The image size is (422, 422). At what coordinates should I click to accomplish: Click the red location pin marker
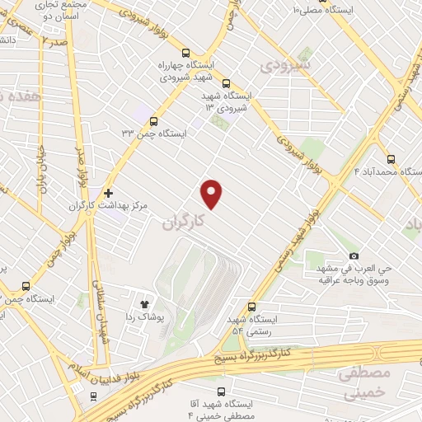pos(212,194)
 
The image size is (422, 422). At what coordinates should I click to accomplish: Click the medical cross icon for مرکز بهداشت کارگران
pos(108,192)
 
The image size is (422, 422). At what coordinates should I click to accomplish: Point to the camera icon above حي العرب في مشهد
pos(354,256)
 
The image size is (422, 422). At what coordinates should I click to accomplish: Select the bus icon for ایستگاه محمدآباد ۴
pos(390,160)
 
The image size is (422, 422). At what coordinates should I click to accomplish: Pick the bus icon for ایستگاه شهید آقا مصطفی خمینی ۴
pos(220,391)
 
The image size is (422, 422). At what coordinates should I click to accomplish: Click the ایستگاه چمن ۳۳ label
pos(154,132)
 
